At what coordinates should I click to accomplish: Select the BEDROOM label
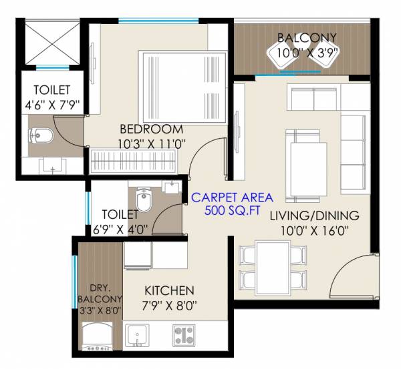click(x=151, y=129)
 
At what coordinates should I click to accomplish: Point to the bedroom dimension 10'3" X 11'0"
click(x=151, y=142)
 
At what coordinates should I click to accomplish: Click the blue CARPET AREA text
click(x=233, y=198)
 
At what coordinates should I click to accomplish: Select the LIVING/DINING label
click(x=315, y=216)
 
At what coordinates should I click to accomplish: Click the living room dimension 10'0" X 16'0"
click(x=315, y=230)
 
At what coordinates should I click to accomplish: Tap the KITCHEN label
click(x=170, y=291)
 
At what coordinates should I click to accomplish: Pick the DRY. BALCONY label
click(x=99, y=291)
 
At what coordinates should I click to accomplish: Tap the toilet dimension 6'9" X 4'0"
click(x=121, y=228)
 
